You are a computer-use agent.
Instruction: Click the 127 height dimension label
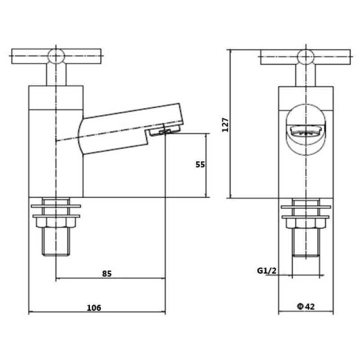pyautogui.click(x=226, y=125)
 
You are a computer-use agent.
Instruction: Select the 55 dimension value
pyautogui.click(x=200, y=165)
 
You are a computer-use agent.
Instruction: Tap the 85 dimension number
pyautogui.click(x=107, y=273)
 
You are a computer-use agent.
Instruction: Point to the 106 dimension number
pyautogui.click(x=94, y=308)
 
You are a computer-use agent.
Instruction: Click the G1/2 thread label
pyautogui.click(x=266, y=270)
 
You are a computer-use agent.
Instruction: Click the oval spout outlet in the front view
pyautogui.click(x=306, y=131)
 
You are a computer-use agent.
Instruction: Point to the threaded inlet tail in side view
pyautogui.click(x=56, y=241)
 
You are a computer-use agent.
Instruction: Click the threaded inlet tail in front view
pyautogui.click(x=306, y=241)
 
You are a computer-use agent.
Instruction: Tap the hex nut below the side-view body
pyautogui.click(x=56, y=221)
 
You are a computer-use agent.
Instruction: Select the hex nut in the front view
pyautogui.click(x=306, y=221)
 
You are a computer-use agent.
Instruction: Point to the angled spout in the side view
pyautogui.click(x=130, y=126)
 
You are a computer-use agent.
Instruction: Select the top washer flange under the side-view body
pyautogui.click(x=56, y=207)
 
